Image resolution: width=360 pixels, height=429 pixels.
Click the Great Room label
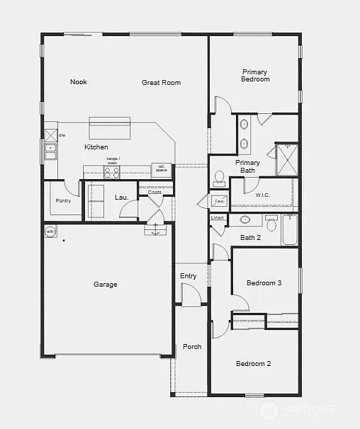point(161,83)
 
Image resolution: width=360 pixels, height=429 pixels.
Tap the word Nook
point(79,82)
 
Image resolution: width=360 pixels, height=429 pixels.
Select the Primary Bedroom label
point(255,75)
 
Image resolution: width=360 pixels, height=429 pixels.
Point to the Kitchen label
point(96,147)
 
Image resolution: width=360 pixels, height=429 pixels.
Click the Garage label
point(106,285)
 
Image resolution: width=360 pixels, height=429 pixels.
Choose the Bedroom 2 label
point(254,364)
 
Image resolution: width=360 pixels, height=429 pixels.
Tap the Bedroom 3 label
point(264,283)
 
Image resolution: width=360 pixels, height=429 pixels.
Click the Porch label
point(192,347)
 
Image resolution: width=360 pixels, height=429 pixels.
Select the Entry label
point(189,276)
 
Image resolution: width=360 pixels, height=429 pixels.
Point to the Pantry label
point(63,201)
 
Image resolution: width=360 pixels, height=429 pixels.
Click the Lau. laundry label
point(121,197)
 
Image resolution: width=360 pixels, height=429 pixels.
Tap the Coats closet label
point(154,192)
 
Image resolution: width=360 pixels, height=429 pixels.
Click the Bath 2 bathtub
point(290,229)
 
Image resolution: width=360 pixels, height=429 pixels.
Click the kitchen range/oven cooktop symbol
point(112,171)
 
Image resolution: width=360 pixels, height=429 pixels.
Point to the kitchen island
point(109,130)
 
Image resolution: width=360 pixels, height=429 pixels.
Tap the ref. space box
point(162,169)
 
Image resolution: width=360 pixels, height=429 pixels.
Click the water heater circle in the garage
point(50,231)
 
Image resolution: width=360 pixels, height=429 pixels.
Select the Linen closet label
point(218,218)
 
